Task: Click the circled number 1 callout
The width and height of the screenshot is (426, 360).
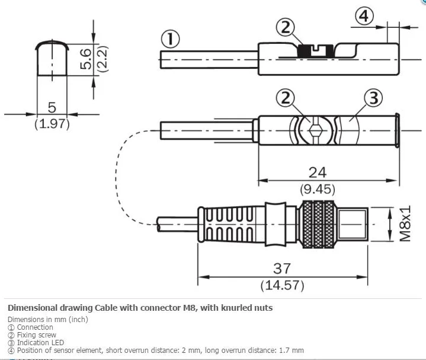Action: coord(171,39)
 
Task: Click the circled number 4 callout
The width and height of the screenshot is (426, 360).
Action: coord(364,17)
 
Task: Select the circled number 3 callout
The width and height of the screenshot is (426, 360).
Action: coord(373,98)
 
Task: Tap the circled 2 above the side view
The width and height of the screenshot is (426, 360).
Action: coord(285,27)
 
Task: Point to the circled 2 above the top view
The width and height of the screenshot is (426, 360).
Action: coord(285,98)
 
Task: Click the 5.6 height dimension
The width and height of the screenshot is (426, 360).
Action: coord(86,59)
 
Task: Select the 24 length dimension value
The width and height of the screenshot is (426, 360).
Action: coord(318,173)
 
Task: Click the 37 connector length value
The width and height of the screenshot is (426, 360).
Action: coord(282,268)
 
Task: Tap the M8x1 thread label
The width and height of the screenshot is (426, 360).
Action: coord(405,224)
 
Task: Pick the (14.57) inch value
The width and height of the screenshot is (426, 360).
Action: coord(282,285)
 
